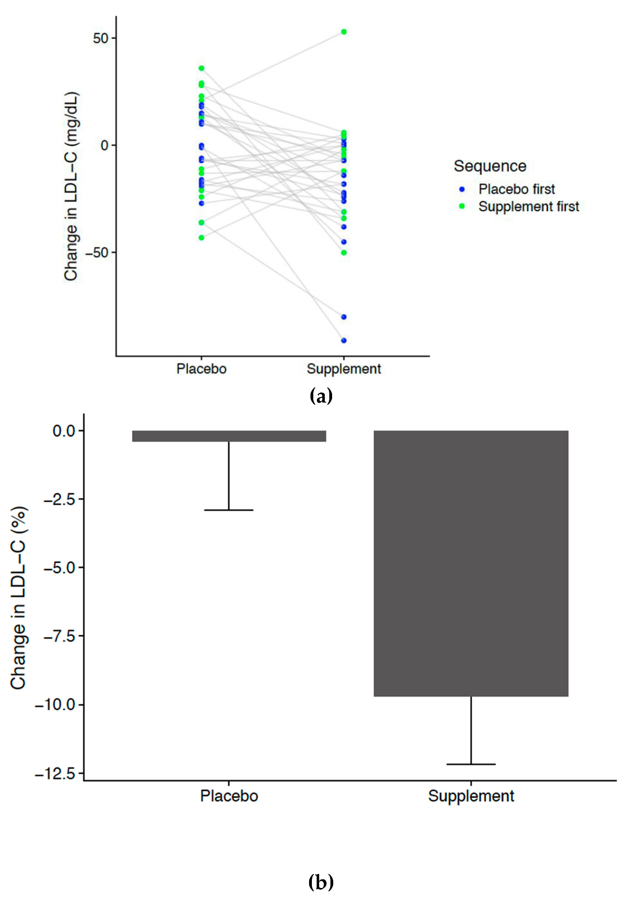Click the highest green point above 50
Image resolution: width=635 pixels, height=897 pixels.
pyautogui.click(x=344, y=32)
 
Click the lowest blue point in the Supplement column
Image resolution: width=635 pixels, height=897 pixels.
pyautogui.click(x=344, y=340)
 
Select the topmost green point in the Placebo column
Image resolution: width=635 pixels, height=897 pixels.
pyautogui.click(x=201, y=68)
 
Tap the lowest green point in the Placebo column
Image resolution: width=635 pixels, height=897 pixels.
pyautogui.click(x=201, y=238)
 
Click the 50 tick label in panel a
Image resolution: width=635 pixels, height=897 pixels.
pyautogui.click(x=101, y=38)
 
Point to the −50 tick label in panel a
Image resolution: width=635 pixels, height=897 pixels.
pyautogui.click(x=97, y=253)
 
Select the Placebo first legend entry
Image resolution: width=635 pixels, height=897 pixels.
pyautogui.click(x=516, y=189)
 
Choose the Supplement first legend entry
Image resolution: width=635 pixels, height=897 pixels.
pyautogui.click(x=528, y=206)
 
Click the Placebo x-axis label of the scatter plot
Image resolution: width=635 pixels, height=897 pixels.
pyautogui.click(x=201, y=369)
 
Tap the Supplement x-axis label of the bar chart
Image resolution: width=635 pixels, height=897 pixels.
pyautogui.click(x=471, y=796)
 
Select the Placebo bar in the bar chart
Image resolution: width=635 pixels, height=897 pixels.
pyautogui.click(x=229, y=436)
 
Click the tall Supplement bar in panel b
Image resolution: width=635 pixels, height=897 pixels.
pyautogui.click(x=471, y=563)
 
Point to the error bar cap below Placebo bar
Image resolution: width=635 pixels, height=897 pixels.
pyautogui.click(x=229, y=510)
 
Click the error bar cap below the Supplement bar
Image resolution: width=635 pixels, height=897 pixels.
pyautogui.click(x=471, y=764)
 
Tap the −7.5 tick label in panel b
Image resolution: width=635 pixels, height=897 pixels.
pyautogui.click(x=60, y=636)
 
